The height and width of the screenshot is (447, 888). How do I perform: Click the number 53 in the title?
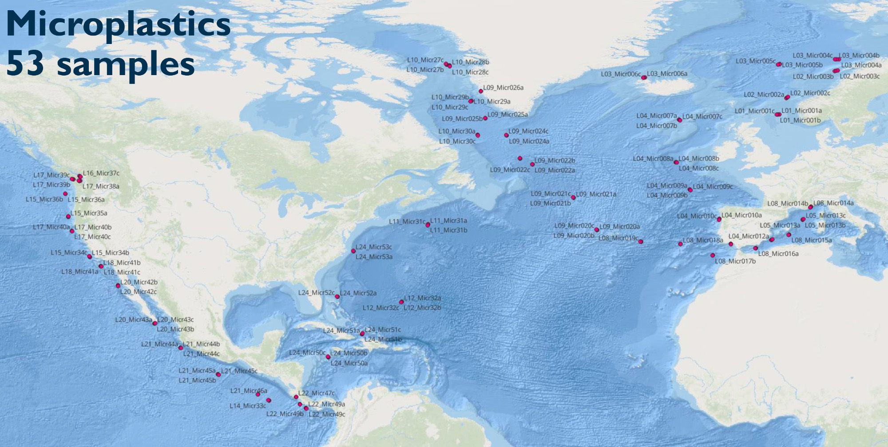tap(25, 64)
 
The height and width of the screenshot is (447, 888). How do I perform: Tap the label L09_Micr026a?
tap(503, 88)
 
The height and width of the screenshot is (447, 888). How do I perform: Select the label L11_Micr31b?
tap(448, 230)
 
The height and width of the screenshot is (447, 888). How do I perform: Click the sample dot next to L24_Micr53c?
tap(353, 251)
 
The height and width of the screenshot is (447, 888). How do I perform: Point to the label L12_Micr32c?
tap(381, 307)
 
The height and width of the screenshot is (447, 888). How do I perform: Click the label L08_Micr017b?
tap(735, 261)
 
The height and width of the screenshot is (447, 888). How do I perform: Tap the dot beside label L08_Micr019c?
tap(640, 242)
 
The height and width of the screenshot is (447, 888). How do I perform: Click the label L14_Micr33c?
tap(248, 406)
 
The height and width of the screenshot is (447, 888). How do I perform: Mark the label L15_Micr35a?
tap(89, 213)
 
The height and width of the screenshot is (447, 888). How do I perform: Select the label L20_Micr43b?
tap(175, 329)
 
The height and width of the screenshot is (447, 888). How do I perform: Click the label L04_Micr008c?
tap(698, 168)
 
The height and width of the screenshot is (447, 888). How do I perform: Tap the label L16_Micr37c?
tap(101, 173)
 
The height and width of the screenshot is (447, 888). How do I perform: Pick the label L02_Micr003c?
tap(860, 76)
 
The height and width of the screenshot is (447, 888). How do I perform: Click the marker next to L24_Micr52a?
tap(337, 296)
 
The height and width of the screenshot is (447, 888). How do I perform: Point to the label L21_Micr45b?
tap(197, 380)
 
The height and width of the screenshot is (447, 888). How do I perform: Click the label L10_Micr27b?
tap(425, 70)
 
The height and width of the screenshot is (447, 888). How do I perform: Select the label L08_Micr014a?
tap(833, 203)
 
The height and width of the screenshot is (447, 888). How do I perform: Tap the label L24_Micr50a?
tap(349, 363)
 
